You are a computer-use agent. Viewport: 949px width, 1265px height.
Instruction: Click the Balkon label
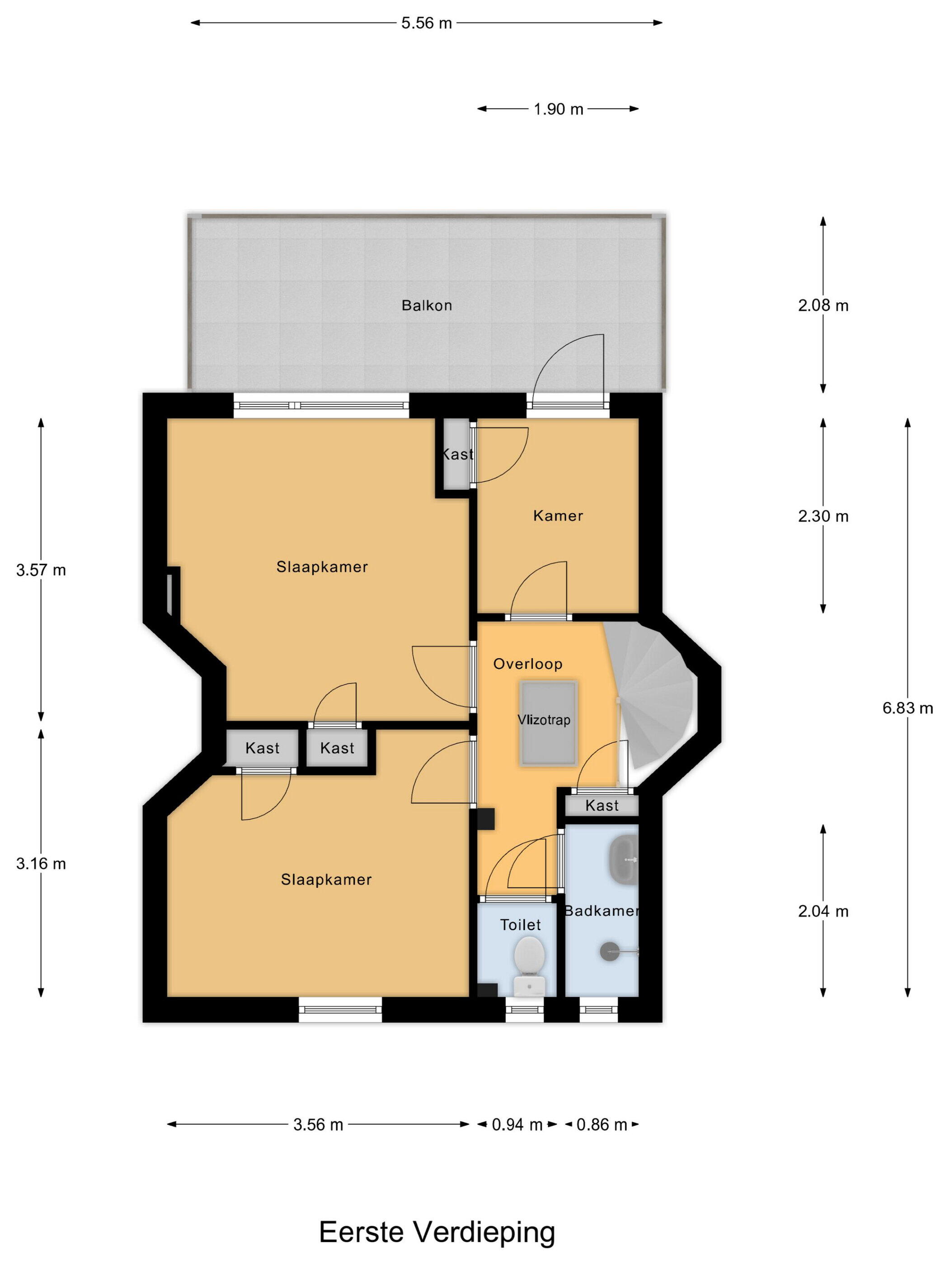click(x=427, y=305)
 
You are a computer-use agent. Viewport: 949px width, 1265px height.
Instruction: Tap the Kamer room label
click(x=558, y=516)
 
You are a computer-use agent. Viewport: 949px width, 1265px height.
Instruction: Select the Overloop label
click(x=528, y=664)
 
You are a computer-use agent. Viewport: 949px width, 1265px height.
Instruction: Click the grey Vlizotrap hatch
click(x=548, y=723)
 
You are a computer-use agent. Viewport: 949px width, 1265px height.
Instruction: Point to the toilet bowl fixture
click(x=529, y=966)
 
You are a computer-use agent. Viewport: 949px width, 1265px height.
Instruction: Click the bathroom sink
click(x=624, y=859)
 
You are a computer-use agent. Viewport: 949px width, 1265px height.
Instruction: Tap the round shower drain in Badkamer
click(x=610, y=951)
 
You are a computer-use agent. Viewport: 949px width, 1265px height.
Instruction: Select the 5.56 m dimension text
click(x=427, y=23)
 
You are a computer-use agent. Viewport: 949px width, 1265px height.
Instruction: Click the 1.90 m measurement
click(x=558, y=109)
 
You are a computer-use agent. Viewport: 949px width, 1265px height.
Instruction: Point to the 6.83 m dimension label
click(x=908, y=708)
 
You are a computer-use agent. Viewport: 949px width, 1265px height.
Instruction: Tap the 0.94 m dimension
click(x=517, y=1125)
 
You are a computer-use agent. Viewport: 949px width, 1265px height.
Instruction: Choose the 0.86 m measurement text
click(x=602, y=1125)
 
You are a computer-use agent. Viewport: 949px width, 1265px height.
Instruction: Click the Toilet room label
click(x=521, y=925)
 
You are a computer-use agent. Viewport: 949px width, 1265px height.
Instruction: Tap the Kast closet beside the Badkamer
click(x=602, y=806)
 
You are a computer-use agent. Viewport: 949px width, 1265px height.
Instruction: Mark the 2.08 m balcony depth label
click(x=823, y=305)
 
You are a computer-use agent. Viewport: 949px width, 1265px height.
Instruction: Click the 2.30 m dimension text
click(x=823, y=516)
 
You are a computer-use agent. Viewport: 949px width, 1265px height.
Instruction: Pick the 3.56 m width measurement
click(x=318, y=1125)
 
